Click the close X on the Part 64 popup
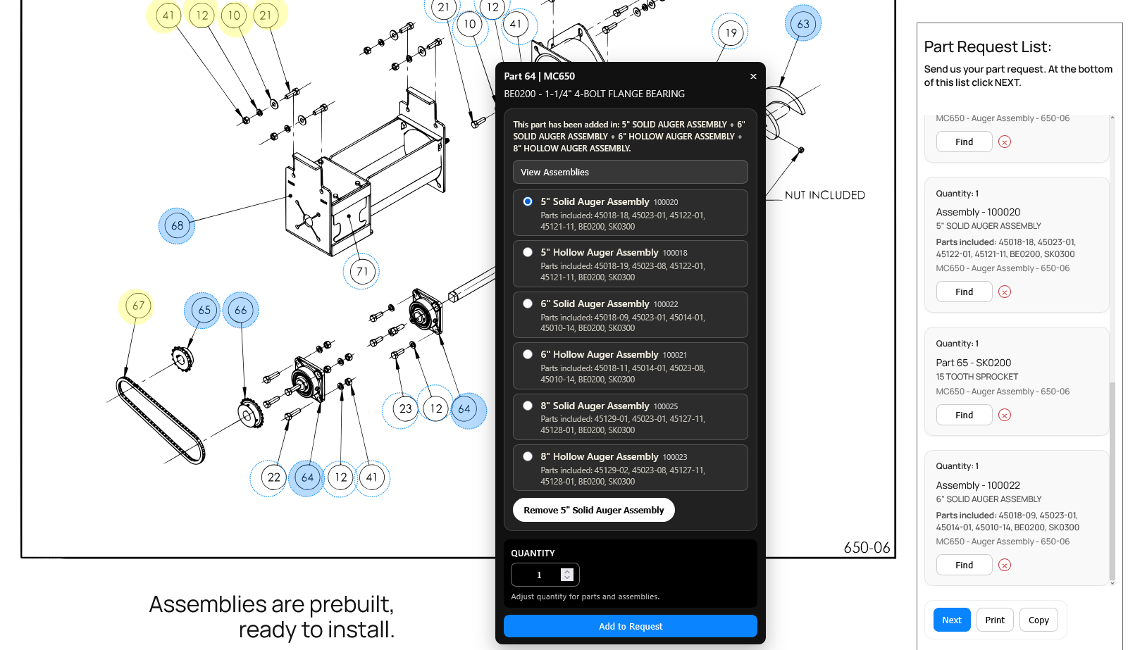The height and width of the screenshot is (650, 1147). (x=752, y=76)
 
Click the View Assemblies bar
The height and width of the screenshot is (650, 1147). (x=630, y=172)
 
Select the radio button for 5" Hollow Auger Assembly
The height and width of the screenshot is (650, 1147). (x=528, y=252)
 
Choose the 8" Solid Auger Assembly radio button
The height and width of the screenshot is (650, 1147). (x=528, y=406)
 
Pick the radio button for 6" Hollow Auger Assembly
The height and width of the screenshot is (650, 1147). (x=528, y=354)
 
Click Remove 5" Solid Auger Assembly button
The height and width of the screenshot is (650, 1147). (x=593, y=510)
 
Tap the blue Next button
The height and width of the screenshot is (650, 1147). (x=951, y=620)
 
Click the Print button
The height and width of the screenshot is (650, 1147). (x=994, y=620)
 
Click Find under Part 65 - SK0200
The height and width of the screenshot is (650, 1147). (x=964, y=415)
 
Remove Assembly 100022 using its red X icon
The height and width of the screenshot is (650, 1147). (x=1004, y=565)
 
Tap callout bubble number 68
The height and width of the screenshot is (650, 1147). (x=177, y=226)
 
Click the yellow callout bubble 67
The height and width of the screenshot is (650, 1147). (x=137, y=306)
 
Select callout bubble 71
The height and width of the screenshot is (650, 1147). (x=361, y=271)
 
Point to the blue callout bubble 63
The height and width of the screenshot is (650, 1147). (x=803, y=23)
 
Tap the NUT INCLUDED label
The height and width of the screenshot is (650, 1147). (x=824, y=195)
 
